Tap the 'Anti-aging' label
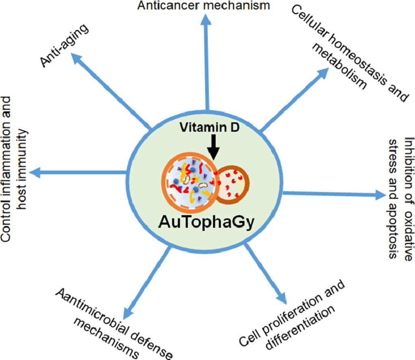coord(65,45)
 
